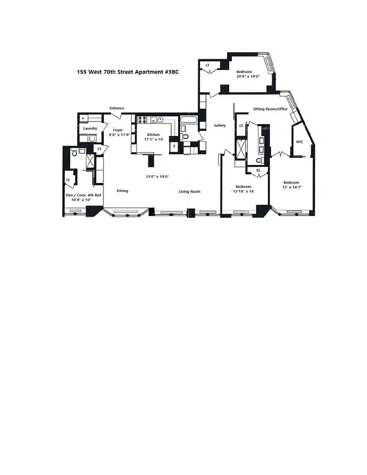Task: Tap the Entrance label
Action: click(x=116, y=108)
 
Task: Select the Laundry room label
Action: click(x=90, y=128)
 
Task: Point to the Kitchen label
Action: click(x=153, y=135)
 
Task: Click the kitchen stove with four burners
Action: click(x=143, y=120)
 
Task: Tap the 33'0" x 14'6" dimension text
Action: click(x=158, y=176)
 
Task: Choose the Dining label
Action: click(x=122, y=191)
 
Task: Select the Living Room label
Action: click(x=190, y=191)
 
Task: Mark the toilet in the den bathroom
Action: click(x=75, y=153)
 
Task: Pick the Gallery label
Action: click(x=220, y=125)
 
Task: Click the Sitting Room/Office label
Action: click(x=270, y=109)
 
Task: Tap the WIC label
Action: click(x=300, y=141)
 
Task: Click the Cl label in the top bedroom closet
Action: click(x=207, y=65)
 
